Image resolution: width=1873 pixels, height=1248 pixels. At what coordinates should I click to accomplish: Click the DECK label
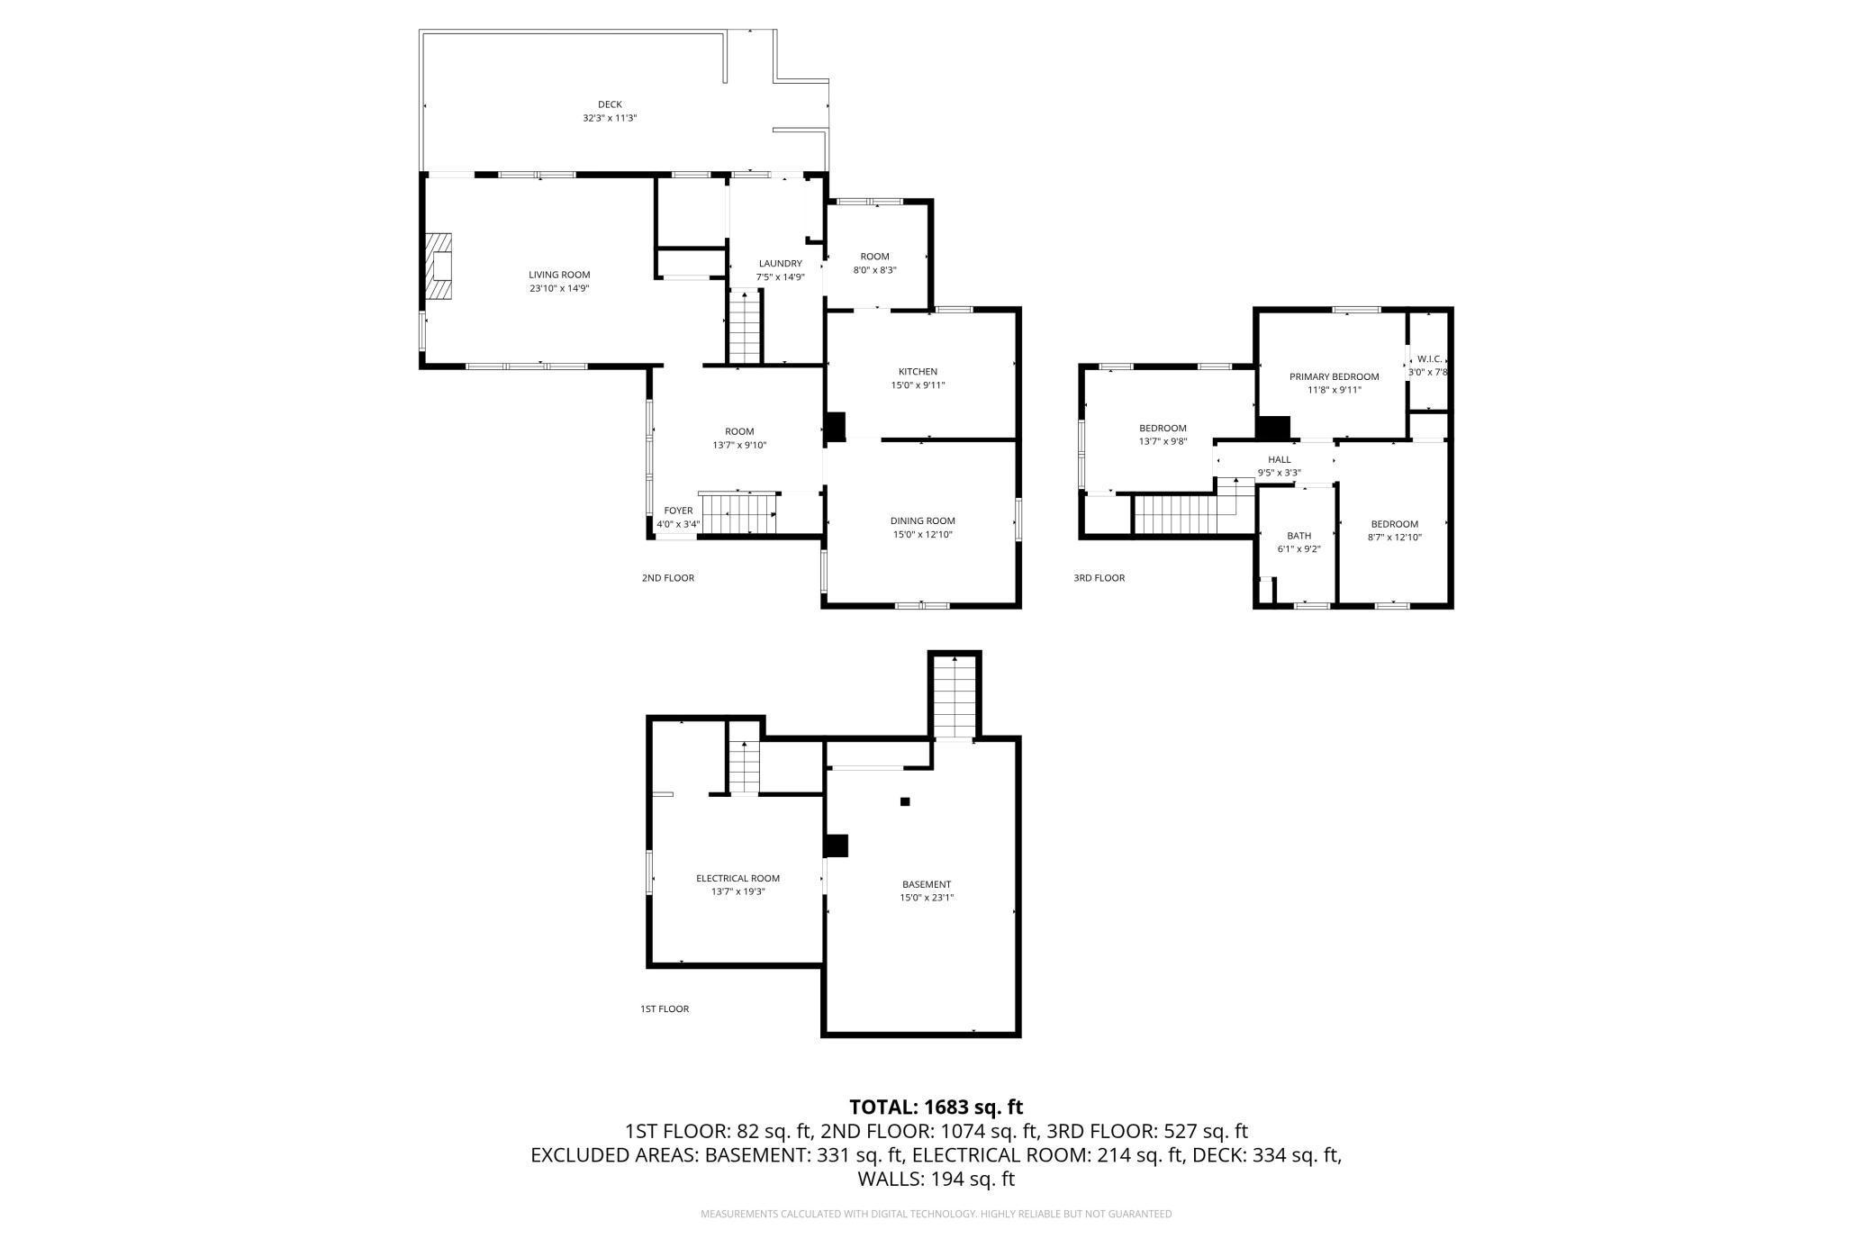pyautogui.click(x=610, y=104)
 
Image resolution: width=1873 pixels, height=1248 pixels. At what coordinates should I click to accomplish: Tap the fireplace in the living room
pyautogui.click(x=439, y=267)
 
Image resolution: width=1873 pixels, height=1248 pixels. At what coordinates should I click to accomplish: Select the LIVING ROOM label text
pyautogui.click(x=559, y=275)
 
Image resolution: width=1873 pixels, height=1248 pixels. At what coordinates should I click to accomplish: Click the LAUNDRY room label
pyautogui.click(x=780, y=264)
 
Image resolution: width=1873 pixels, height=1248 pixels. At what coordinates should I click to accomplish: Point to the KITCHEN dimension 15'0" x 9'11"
pyautogui.click(x=918, y=385)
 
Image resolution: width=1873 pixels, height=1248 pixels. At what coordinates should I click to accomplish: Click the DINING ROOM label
pyautogui.click(x=922, y=520)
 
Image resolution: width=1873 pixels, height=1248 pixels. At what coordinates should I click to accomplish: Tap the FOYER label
pyautogui.click(x=678, y=511)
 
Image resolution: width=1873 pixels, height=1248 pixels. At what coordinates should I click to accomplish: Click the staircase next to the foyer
pyautogui.click(x=738, y=514)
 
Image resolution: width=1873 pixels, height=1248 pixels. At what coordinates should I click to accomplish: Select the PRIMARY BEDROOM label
pyautogui.click(x=1334, y=376)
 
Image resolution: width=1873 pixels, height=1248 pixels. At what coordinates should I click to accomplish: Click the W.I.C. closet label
pyautogui.click(x=1430, y=358)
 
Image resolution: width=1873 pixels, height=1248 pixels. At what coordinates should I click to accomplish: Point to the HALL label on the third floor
pyautogui.click(x=1279, y=459)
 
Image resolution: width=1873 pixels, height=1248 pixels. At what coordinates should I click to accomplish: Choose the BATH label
pyautogui.click(x=1298, y=536)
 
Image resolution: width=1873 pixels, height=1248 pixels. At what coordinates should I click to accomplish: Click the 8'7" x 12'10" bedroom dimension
pyautogui.click(x=1394, y=538)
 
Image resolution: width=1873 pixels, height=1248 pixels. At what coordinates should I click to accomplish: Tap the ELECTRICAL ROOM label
pyautogui.click(x=737, y=878)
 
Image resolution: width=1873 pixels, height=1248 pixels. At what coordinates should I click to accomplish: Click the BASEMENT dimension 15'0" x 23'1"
pyautogui.click(x=927, y=897)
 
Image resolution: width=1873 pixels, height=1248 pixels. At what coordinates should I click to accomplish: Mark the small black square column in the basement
pyautogui.click(x=905, y=801)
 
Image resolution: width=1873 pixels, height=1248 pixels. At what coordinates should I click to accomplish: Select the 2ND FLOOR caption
pyautogui.click(x=668, y=578)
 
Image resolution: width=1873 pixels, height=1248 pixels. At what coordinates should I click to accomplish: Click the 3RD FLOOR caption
pyautogui.click(x=1099, y=578)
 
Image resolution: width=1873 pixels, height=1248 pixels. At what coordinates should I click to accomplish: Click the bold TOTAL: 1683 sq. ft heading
pyautogui.click(x=936, y=1107)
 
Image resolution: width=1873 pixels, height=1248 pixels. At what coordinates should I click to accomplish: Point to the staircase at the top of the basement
pyautogui.click(x=955, y=696)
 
